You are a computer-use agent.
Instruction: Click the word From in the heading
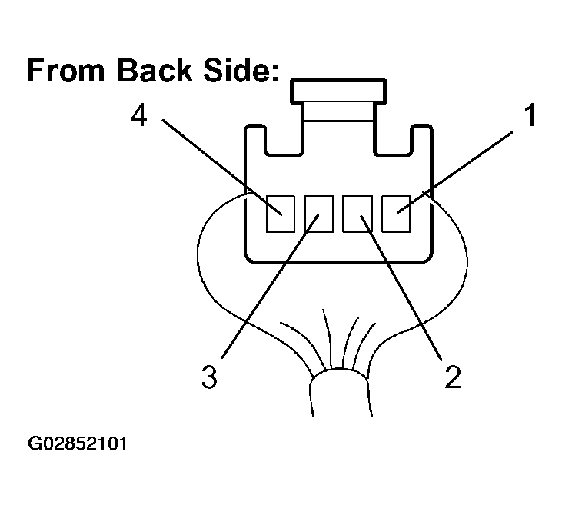[66, 70]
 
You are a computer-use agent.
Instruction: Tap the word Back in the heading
[155, 70]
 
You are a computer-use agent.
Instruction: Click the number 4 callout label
[138, 116]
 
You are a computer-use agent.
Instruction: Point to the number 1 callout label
[530, 115]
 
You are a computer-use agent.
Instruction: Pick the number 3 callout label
[210, 377]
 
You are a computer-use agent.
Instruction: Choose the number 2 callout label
[453, 377]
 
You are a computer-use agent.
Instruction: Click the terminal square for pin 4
[281, 214]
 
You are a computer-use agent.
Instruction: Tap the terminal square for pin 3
[318, 214]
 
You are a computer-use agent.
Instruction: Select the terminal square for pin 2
[357, 214]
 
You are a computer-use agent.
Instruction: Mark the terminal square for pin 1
[396, 214]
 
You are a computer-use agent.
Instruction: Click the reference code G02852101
[78, 443]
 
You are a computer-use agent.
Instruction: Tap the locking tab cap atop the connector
[338, 91]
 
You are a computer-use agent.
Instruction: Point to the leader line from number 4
[222, 167]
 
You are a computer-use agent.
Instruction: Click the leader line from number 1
[455, 172]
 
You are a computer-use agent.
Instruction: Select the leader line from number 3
[271, 286]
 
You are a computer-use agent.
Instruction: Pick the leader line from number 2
[401, 287]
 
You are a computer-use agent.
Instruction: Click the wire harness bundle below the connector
[339, 392]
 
